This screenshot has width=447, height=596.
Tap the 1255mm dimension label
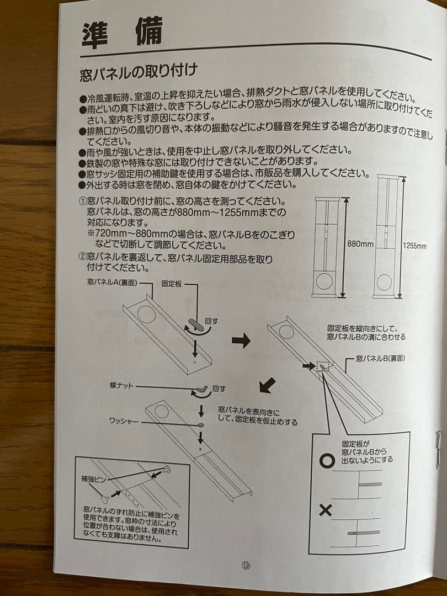click(x=415, y=246)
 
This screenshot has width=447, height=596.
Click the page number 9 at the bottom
click(x=246, y=565)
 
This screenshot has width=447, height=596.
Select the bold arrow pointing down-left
click(x=267, y=385)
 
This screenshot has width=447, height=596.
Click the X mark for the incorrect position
click(x=326, y=510)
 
